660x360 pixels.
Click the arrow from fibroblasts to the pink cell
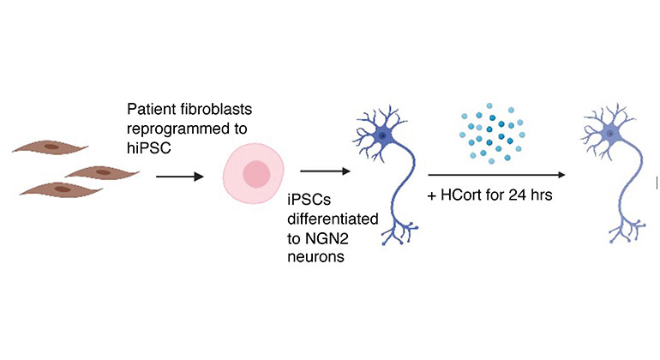180,177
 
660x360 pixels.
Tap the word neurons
317,259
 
